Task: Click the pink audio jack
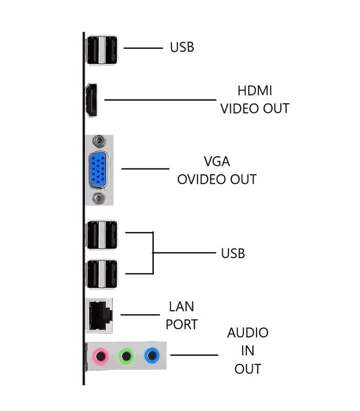click(101, 355)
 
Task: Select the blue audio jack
click(151, 355)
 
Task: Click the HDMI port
click(92, 100)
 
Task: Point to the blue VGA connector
click(99, 169)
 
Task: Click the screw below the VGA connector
click(98, 198)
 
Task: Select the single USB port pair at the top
click(102, 50)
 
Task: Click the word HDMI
click(255, 91)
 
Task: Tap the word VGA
click(217, 161)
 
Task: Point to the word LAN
click(182, 307)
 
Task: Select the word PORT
click(182, 325)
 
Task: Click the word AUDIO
click(247, 332)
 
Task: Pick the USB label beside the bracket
click(233, 253)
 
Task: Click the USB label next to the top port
click(182, 48)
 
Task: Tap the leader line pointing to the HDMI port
click(159, 100)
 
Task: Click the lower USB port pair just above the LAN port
click(102, 274)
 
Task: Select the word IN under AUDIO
click(247, 351)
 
